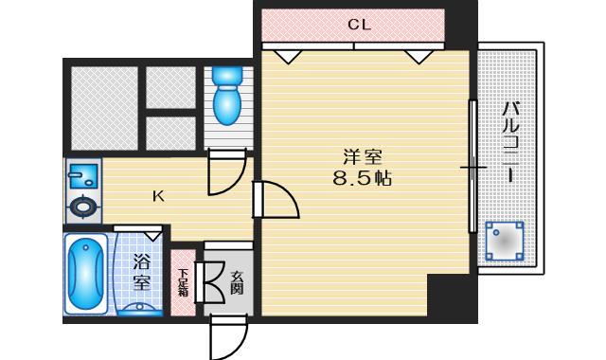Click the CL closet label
tap(359, 25)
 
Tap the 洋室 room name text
tap(363, 157)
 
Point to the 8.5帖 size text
tap(363, 179)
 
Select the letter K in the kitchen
tap(158, 196)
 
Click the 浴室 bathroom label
tap(142, 272)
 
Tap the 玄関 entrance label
tap(237, 283)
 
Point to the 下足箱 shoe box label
tap(183, 282)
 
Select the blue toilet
tap(227, 95)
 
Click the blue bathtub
tap(86, 274)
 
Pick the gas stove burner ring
tap(83, 207)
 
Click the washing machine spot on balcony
tap(505, 242)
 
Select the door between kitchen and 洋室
tap(276, 200)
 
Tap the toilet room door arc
tap(227, 174)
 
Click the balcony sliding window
tap(472, 167)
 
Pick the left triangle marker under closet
tap(287, 57)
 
